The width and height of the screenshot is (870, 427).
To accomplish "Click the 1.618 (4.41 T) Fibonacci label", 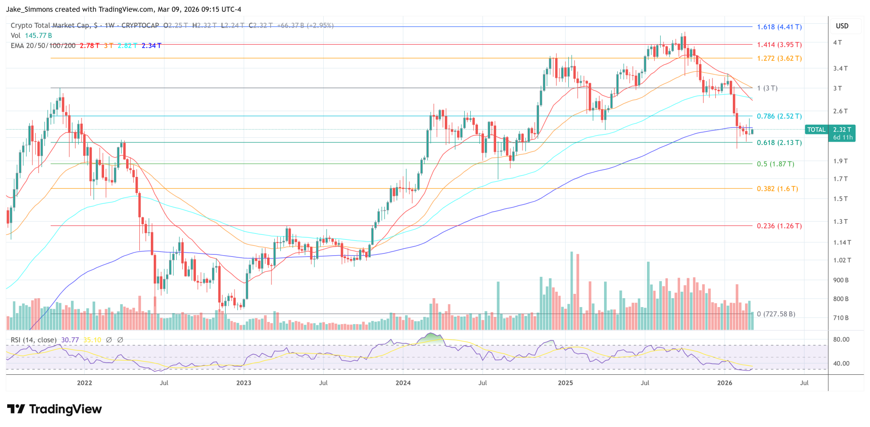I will (779, 27).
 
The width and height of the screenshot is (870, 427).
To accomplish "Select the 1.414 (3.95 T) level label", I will (779, 45).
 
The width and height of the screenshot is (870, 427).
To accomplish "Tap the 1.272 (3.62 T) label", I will (779, 58).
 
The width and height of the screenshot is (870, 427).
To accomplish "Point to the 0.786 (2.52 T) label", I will (779, 116).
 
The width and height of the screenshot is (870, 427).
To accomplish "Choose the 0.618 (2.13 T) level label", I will (779, 143).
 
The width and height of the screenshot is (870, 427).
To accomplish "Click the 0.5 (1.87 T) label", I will (775, 164).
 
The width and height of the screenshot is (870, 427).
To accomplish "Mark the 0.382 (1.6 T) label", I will (777, 188).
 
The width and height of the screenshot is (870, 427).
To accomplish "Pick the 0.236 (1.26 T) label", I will (779, 226).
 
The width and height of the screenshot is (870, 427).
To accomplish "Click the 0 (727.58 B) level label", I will (776, 314).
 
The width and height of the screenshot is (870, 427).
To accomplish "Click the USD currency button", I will (842, 26).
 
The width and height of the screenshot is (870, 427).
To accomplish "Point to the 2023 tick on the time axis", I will (243, 383).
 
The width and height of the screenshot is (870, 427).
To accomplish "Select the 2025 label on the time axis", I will (565, 383).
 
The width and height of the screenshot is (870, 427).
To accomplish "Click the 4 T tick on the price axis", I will (837, 43).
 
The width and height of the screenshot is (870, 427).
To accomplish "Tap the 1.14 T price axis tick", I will (842, 242).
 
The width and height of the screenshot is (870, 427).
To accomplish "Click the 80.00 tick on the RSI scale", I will (841, 339).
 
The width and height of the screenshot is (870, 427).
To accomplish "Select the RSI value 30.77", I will (70, 340).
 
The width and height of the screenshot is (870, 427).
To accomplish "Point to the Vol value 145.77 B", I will (38, 35).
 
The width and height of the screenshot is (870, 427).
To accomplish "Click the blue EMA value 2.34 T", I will (151, 46).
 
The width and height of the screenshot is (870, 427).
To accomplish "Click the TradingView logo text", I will (65, 409).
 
